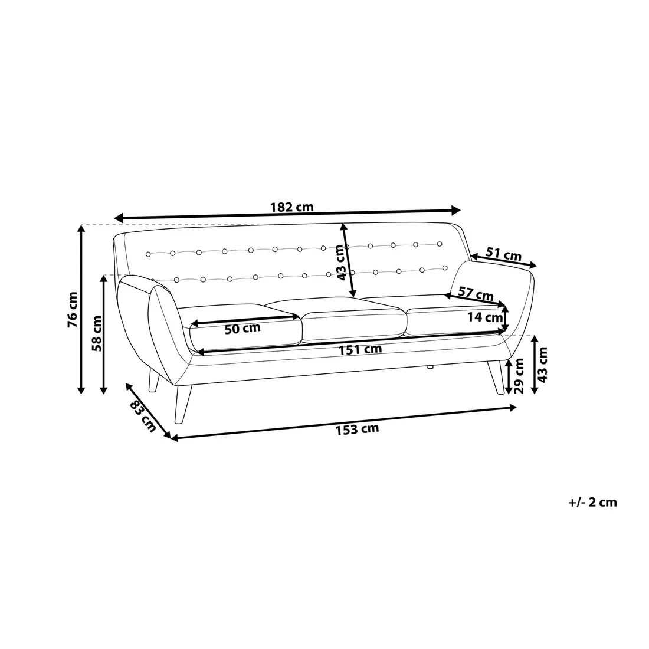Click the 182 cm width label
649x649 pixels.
(292, 206)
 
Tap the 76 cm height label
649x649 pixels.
(73, 310)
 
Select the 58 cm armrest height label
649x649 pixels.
(96, 333)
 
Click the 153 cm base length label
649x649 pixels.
(357, 429)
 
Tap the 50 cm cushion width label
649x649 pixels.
(242, 329)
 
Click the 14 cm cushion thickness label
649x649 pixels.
(484, 317)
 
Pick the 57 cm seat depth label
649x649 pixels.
(476, 294)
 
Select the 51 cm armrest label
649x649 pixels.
(503, 254)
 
